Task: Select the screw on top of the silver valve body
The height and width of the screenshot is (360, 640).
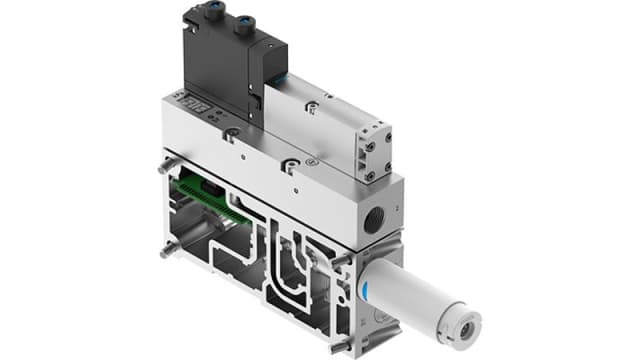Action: point(289,160)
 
